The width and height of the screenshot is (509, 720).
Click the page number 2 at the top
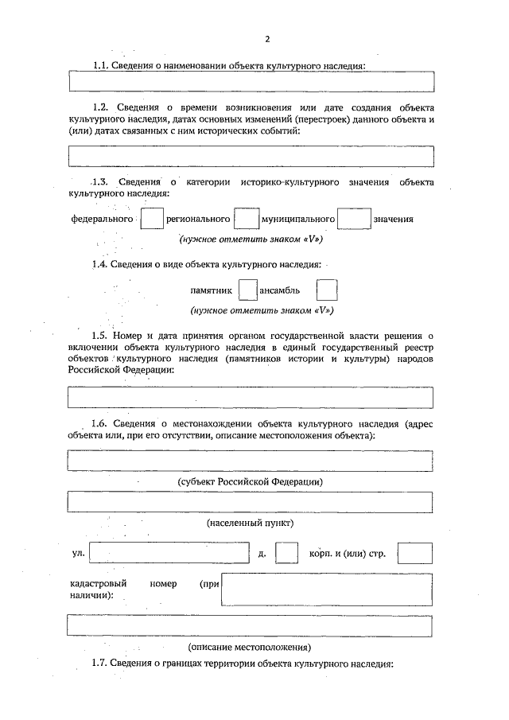click(268, 39)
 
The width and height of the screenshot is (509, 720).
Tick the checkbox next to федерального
click(152, 218)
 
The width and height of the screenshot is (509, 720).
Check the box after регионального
click(247, 218)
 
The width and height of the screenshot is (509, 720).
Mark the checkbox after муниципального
click(354, 218)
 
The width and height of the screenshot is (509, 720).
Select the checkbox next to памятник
click(249, 290)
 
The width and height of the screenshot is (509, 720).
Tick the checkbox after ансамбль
click(327, 290)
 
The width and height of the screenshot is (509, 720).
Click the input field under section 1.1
click(251, 82)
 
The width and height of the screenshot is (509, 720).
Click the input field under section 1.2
click(251, 157)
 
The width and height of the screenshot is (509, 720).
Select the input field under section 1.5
click(251, 397)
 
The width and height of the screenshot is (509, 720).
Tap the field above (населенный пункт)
click(251, 503)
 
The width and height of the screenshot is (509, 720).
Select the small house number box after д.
click(286, 554)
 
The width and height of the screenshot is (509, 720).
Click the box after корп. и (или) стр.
click(415, 554)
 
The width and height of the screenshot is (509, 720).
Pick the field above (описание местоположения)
click(251, 626)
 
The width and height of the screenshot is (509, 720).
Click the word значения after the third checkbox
click(393, 219)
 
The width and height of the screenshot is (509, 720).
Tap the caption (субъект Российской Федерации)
click(250, 482)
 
